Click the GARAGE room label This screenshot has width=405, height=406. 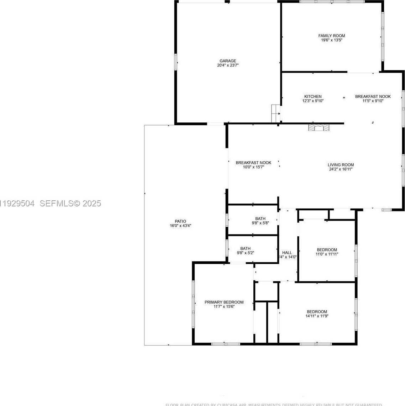pyautogui.click(x=228, y=61)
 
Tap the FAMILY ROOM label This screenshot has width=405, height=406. pyautogui.click(x=331, y=36)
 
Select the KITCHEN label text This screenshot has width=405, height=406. pyautogui.click(x=313, y=96)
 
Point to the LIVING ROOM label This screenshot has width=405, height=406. pyautogui.click(x=341, y=165)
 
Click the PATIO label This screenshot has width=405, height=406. pyautogui.click(x=180, y=221)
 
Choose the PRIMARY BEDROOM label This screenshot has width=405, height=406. pyautogui.click(x=224, y=302)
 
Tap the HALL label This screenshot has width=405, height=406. pyautogui.click(x=287, y=253)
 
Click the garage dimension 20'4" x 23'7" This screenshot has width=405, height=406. pyautogui.click(x=228, y=65)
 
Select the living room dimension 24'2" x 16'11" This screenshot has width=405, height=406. pyautogui.click(x=341, y=169)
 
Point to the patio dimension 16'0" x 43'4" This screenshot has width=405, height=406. pyautogui.click(x=180, y=226)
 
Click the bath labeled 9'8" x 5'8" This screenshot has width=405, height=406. pyautogui.click(x=260, y=221)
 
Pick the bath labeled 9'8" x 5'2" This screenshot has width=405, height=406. pyautogui.click(x=245, y=251)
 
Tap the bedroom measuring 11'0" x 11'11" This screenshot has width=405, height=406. pyautogui.click(x=327, y=252)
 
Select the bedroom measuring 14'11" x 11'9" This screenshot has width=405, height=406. pyautogui.click(x=317, y=314)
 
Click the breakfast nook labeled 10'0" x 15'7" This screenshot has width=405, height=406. pyautogui.click(x=253, y=165)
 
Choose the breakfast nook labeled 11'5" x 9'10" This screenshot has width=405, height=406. pyautogui.click(x=373, y=99)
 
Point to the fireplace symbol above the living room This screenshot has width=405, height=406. pyautogui.click(x=319, y=127)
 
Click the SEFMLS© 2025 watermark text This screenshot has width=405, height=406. pyautogui.click(x=70, y=204)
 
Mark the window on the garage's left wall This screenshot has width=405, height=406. pyautogui.click(x=175, y=62)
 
